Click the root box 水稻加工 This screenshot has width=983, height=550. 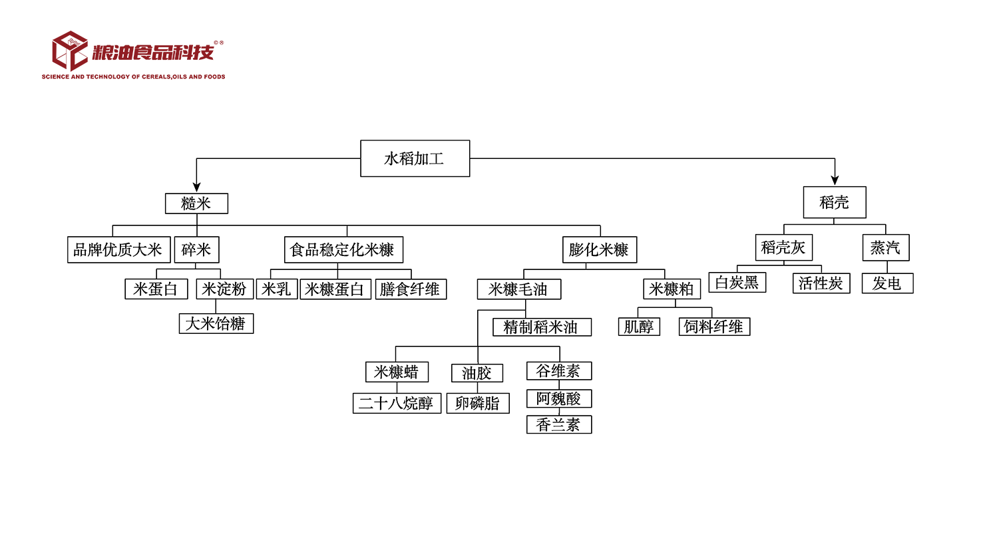pyautogui.click(x=415, y=158)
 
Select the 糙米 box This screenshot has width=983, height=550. pyautogui.click(x=196, y=204)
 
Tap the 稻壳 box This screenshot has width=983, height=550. pyautogui.click(x=835, y=202)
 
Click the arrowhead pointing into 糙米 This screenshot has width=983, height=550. pyautogui.click(x=196, y=188)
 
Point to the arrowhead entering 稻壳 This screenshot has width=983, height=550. pyautogui.click(x=835, y=180)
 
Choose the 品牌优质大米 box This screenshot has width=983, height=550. pyautogui.click(x=119, y=249)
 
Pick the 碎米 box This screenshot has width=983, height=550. pyautogui.click(x=196, y=249)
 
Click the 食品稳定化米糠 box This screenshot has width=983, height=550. pyautogui.click(x=343, y=249)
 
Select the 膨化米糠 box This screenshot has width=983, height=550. pyautogui.click(x=600, y=249)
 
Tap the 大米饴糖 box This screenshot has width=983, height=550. pyautogui.click(x=216, y=324)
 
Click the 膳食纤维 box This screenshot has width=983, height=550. pyautogui.click(x=411, y=289)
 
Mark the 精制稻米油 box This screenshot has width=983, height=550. pyautogui.click(x=542, y=327)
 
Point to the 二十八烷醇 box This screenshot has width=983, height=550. pyautogui.click(x=397, y=403)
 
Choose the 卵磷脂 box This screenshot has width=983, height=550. pyautogui.click(x=478, y=403)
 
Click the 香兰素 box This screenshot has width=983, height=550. pyautogui.click(x=559, y=424)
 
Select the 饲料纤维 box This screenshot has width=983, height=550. pyautogui.click(x=714, y=327)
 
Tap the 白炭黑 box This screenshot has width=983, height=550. pyautogui.click(x=737, y=283)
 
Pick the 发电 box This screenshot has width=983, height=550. pyautogui.click(x=887, y=283)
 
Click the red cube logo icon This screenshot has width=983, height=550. pyautogui.click(x=70, y=51)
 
